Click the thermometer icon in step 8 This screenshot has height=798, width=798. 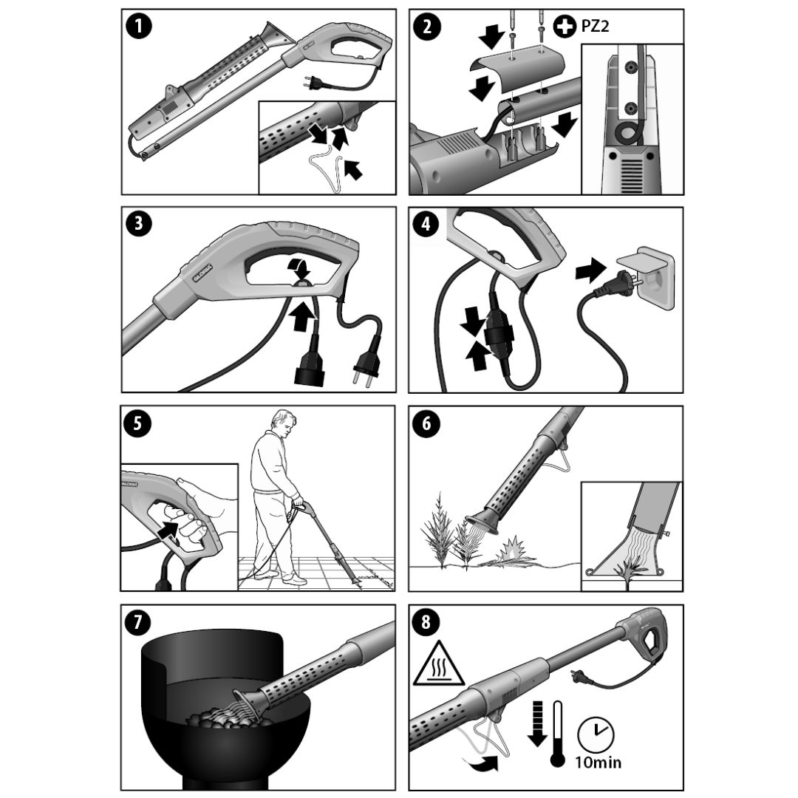(557, 734)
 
